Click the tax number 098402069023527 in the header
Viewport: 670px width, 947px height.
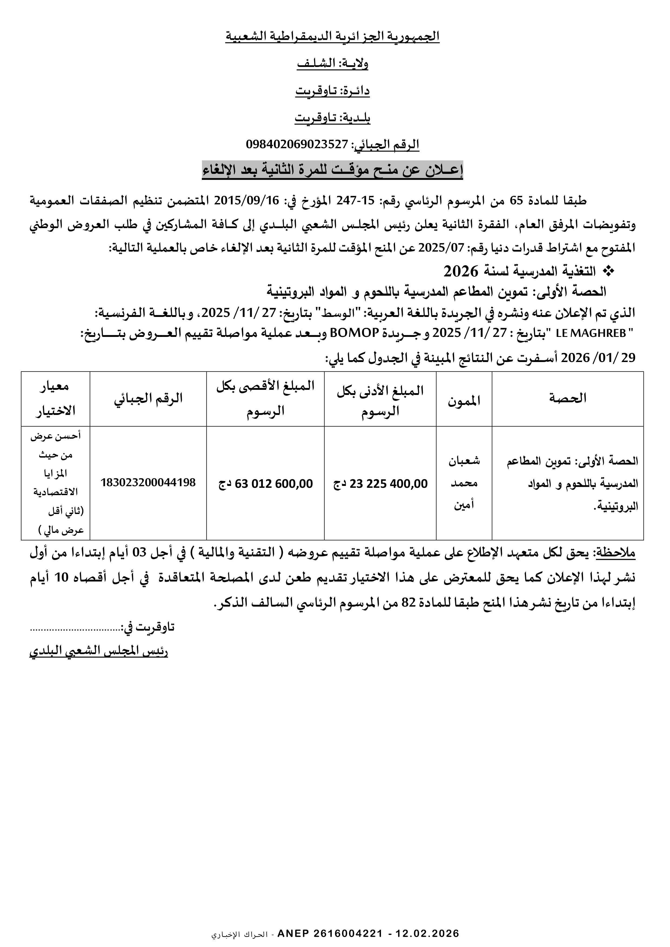coord(297,144)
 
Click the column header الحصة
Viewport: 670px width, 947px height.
coord(568,398)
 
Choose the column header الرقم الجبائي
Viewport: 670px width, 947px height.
coord(148,398)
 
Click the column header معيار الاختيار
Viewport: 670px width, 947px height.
coord(56,398)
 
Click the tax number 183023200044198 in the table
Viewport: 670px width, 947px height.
coord(148,483)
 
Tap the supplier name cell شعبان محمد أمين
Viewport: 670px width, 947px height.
coord(464,483)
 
